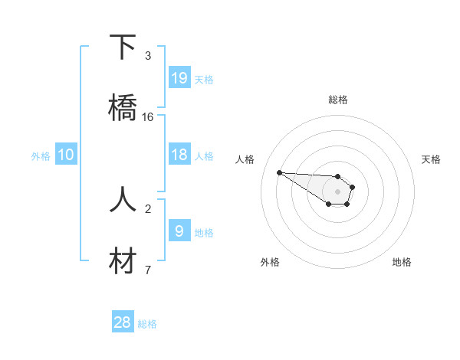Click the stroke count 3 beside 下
point(148,56)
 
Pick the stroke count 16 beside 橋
point(148,117)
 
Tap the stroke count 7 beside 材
point(148,270)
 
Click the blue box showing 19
point(179,78)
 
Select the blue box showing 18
point(179,155)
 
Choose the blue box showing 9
point(179,231)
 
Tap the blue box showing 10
point(66,155)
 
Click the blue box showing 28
point(123,322)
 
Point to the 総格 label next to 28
point(147,324)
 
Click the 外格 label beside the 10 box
point(41,156)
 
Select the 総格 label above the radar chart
point(337,100)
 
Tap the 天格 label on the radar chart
point(431,159)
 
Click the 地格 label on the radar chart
point(402,262)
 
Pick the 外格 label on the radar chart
point(270,262)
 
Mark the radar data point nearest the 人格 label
point(279,172)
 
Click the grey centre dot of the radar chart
point(337,191)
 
